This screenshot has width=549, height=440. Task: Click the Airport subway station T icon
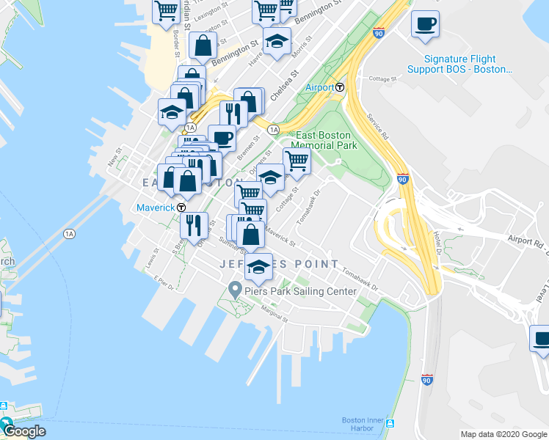coord(341,87)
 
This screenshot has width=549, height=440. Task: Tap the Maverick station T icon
coord(181,208)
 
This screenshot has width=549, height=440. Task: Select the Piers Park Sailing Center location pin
coord(235,290)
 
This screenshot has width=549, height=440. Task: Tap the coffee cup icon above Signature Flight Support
coord(425,25)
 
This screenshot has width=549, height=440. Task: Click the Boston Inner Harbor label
coord(361,424)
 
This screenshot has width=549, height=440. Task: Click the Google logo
coord(23,430)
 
